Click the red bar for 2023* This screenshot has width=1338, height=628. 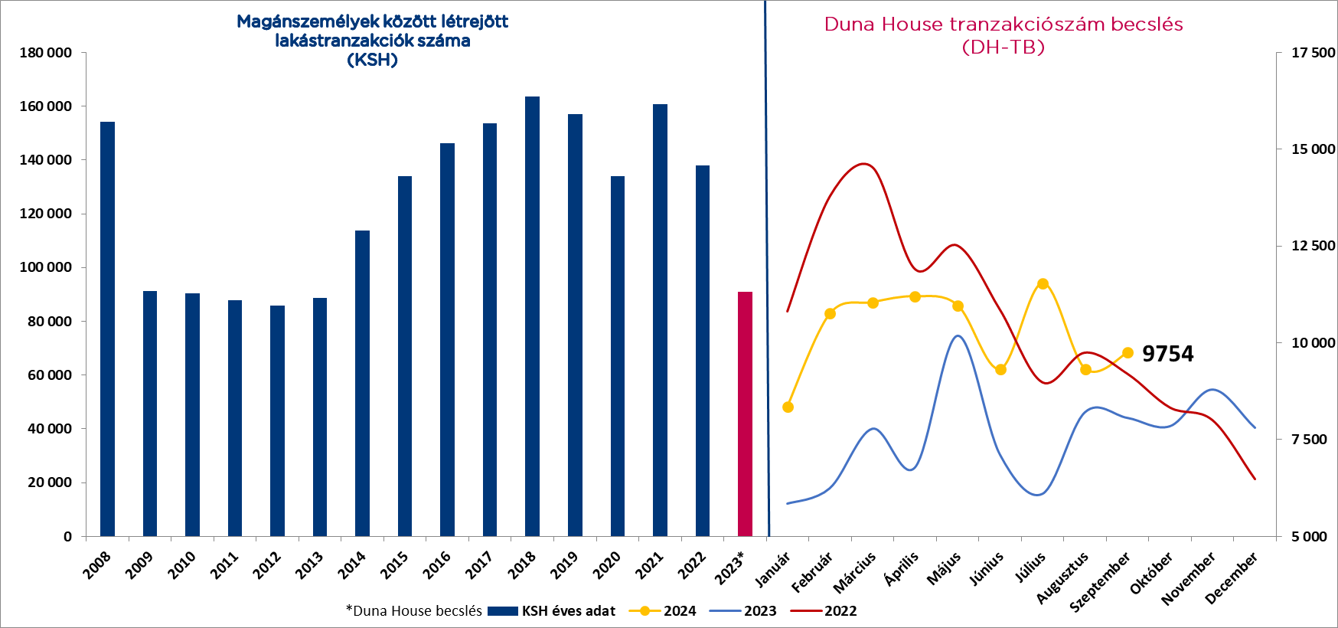pyautogui.click(x=745, y=414)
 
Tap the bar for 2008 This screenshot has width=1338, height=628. pyautogui.click(x=107, y=329)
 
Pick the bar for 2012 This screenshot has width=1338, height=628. pyautogui.click(x=277, y=420)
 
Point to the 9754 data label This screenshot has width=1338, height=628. pyautogui.click(x=1167, y=354)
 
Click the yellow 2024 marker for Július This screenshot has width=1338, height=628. pyautogui.click(x=1043, y=284)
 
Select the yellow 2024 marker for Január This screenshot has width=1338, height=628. pyautogui.click(x=788, y=407)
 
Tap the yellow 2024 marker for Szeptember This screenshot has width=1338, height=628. pyautogui.click(x=1128, y=353)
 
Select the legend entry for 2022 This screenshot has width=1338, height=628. pyautogui.click(x=840, y=611)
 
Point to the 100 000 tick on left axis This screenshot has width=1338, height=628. pyautogui.click(x=45, y=267)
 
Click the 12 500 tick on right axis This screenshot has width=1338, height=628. pyautogui.click(x=1313, y=246)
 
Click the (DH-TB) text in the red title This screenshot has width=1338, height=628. pyautogui.click(x=1003, y=47)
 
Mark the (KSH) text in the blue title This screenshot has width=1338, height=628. pyautogui.click(x=372, y=60)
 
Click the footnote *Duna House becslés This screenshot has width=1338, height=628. pyautogui.click(x=413, y=611)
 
